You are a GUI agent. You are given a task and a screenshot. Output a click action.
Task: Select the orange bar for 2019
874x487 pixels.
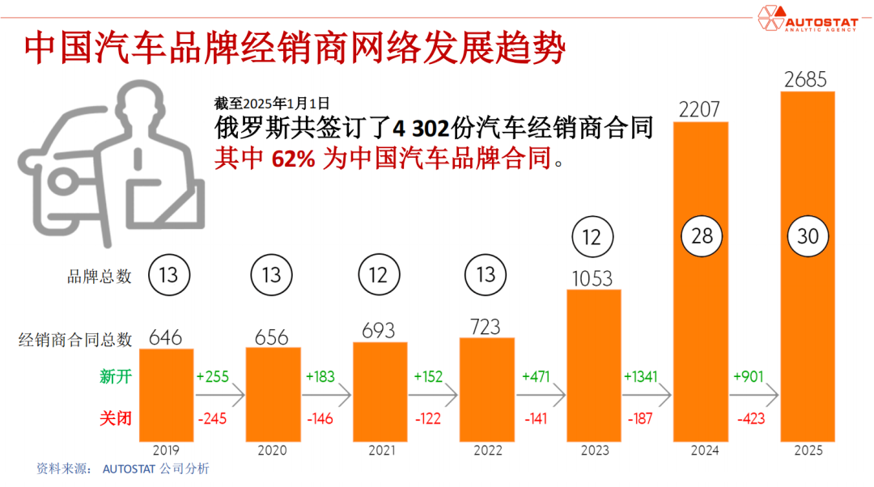[167, 395]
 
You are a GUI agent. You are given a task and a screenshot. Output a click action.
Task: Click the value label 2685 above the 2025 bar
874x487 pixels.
[806, 79]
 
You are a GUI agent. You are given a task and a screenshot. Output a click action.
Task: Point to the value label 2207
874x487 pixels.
[700, 109]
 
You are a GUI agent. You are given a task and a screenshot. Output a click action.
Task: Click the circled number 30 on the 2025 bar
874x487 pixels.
[807, 236]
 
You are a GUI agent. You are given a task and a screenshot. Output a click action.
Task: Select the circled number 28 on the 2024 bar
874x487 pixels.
[700, 236]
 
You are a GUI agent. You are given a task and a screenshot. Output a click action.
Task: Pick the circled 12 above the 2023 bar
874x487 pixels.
[592, 237]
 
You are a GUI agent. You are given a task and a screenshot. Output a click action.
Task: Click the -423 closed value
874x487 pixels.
[752, 418]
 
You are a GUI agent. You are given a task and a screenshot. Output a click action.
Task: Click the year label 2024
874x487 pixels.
[700, 451]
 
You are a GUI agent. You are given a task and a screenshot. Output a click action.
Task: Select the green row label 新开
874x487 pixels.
[115, 377]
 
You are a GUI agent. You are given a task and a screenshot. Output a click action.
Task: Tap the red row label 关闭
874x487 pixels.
[115, 418]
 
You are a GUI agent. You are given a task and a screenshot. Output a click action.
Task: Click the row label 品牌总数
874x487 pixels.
[99, 276]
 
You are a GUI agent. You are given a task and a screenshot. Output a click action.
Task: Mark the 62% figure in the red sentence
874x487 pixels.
[294, 159]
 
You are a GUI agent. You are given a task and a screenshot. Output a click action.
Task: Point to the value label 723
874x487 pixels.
[486, 327]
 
